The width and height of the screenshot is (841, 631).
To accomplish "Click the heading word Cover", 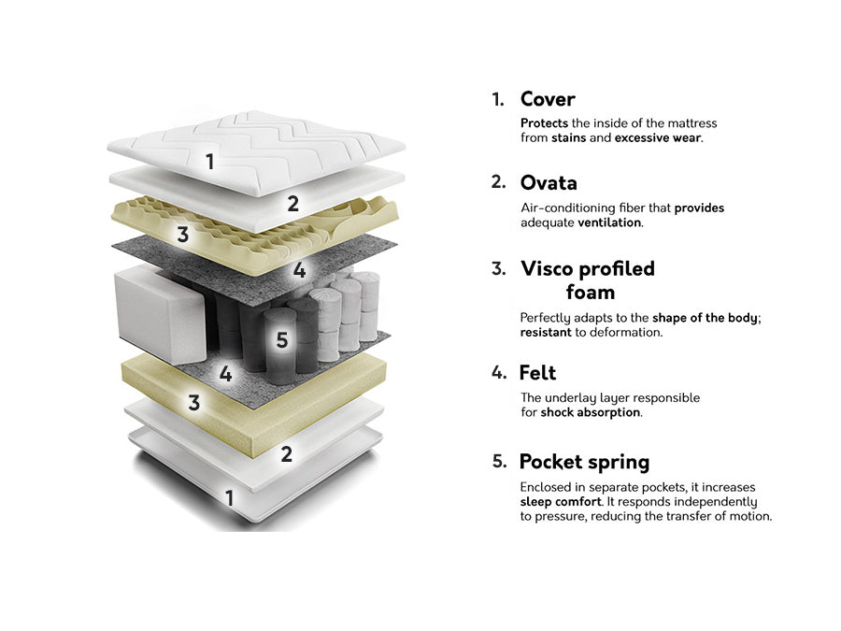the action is tap(548, 99).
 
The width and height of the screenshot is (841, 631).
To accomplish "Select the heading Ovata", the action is tap(549, 183).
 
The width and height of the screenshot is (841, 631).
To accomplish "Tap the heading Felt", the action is tap(537, 373).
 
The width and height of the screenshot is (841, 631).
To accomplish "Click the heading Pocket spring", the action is tap(584, 462).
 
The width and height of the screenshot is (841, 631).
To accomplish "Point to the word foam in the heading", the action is tap(590, 293).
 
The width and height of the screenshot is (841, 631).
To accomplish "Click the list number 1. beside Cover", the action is tap(498, 100).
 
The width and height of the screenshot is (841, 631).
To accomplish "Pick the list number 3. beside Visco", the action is tap(499, 268).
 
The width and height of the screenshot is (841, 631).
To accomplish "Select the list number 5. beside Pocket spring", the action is tap(499, 461).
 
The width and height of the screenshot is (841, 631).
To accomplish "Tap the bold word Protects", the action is tap(544, 122).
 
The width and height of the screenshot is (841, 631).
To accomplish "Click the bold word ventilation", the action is tap(608, 222).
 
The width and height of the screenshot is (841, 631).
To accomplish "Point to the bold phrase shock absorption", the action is tap(590, 412).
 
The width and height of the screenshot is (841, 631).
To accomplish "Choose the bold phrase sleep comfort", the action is tap(561, 502).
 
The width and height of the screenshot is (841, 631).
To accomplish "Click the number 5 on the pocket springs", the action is tap(282, 339).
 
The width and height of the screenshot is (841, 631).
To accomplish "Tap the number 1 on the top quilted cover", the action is tap(209, 162).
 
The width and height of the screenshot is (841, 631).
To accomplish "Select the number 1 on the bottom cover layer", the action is tap(230, 498).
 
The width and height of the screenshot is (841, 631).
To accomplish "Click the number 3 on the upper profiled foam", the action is tap(183, 234).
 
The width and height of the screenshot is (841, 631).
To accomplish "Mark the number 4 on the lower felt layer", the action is tap(226, 373).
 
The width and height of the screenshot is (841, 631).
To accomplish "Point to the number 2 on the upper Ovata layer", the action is tap(292, 204).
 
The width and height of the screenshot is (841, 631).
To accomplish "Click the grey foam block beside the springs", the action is tap(160, 313).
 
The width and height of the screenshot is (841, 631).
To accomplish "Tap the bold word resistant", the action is tap(546, 332).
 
